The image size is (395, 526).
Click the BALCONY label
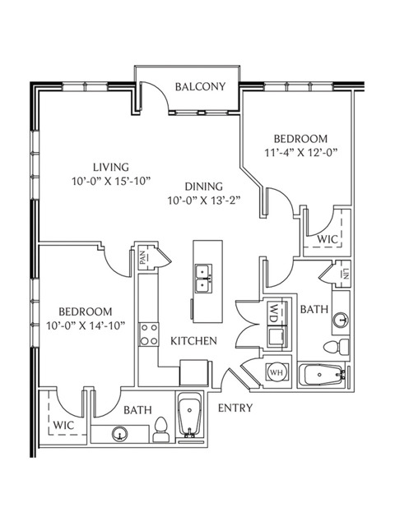[x=200, y=86]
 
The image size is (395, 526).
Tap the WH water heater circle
[x=276, y=371]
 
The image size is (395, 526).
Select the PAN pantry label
[x=143, y=257]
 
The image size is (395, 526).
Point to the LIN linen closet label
[x=346, y=274]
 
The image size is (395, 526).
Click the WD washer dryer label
[x=274, y=312]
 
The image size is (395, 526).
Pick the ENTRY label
[x=235, y=408]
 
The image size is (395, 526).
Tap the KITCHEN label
[x=194, y=341]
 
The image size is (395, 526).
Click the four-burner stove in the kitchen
[x=149, y=335]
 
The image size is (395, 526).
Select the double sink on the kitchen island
[x=204, y=278]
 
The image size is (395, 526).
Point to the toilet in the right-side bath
[x=337, y=346]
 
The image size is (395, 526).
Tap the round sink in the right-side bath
[x=341, y=319]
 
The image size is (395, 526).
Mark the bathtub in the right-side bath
[x=323, y=375]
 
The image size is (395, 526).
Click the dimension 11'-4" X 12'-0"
[x=300, y=153]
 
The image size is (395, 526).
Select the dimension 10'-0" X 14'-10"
[x=86, y=325]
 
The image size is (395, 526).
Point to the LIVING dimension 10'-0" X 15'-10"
[x=111, y=181]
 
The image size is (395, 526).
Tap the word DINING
[x=204, y=187]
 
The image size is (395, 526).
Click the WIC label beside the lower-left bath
[x=63, y=426]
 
